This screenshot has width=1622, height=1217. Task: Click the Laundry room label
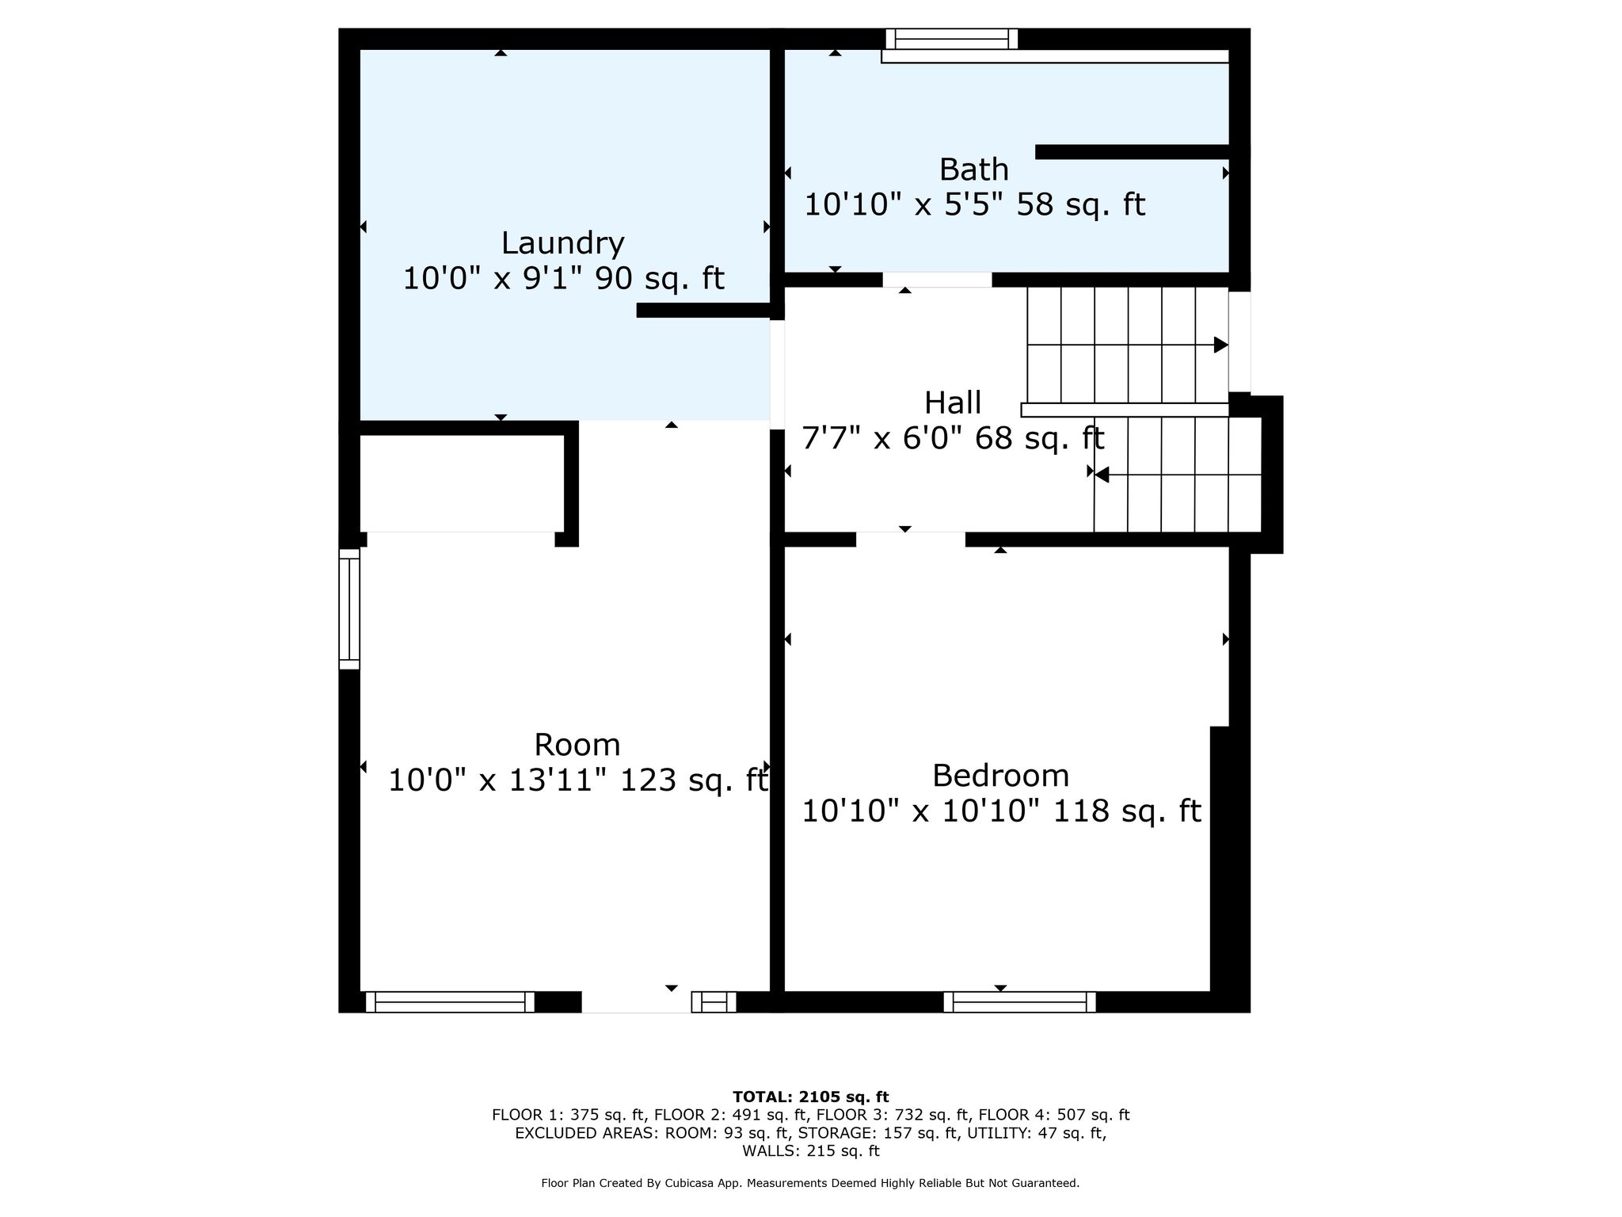tap(562, 243)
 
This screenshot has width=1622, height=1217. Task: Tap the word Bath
tap(973, 170)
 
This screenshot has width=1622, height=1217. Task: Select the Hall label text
tap(953, 402)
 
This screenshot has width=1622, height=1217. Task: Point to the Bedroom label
tap(1000, 776)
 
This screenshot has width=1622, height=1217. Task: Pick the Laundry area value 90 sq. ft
tap(659, 278)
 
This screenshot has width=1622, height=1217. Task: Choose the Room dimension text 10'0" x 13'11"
tap(499, 780)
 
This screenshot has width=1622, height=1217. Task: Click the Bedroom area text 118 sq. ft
tap(1127, 811)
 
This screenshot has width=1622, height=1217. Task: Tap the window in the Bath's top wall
tap(951, 39)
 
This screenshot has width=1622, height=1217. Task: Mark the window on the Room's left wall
tap(349, 609)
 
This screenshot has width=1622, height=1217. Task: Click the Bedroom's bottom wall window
tap(1019, 1002)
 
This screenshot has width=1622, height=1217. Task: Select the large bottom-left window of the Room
tap(450, 1002)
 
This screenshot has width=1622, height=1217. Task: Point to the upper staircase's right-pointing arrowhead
tap(1221, 345)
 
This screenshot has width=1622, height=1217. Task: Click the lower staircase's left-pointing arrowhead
tap(1102, 475)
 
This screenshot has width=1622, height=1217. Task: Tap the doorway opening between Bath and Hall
tap(937, 280)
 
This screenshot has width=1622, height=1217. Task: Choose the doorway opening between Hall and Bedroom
tap(911, 540)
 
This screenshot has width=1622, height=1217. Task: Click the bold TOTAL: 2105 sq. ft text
tap(811, 1097)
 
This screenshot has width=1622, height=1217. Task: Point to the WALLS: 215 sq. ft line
tap(811, 1150)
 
